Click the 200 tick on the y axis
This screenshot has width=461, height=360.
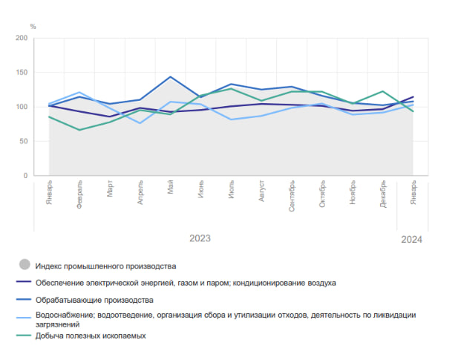(x=21, y=38)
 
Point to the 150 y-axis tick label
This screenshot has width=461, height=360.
(x=21, y=73)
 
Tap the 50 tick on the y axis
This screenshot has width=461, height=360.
(x=23, y=141)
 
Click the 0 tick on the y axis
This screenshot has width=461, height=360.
(x=25, y=176)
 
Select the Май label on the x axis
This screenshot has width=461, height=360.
(x=171, y=187)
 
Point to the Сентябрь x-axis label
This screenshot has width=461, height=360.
(x=292, y=196)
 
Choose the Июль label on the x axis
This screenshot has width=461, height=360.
(x=232, y=189)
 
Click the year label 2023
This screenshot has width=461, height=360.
(x=200, y=238)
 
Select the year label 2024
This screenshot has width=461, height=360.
(x=411, y=239)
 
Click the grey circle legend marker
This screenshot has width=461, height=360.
(x=24, y=265)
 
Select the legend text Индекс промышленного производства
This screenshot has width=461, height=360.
(x=105, y=265)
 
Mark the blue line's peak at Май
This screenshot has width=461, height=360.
(x=171, y=77)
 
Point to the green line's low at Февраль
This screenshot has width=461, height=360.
(x=79, y=130)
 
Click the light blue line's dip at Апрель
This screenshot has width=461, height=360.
(x=140, y=122)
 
